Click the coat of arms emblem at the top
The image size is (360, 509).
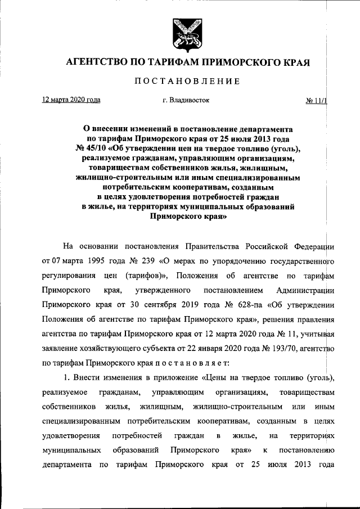pos(181,34)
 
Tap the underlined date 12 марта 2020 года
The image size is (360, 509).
pos(71,100)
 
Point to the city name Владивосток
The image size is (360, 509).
pos(189,101)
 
